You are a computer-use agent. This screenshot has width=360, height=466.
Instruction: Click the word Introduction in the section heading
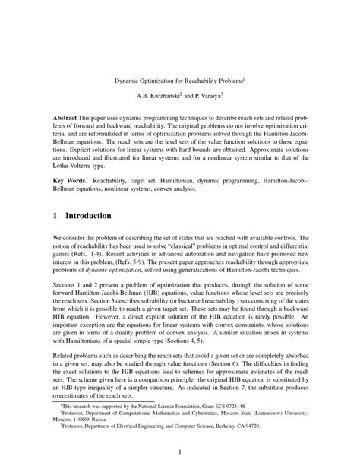(x=91, y=216)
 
